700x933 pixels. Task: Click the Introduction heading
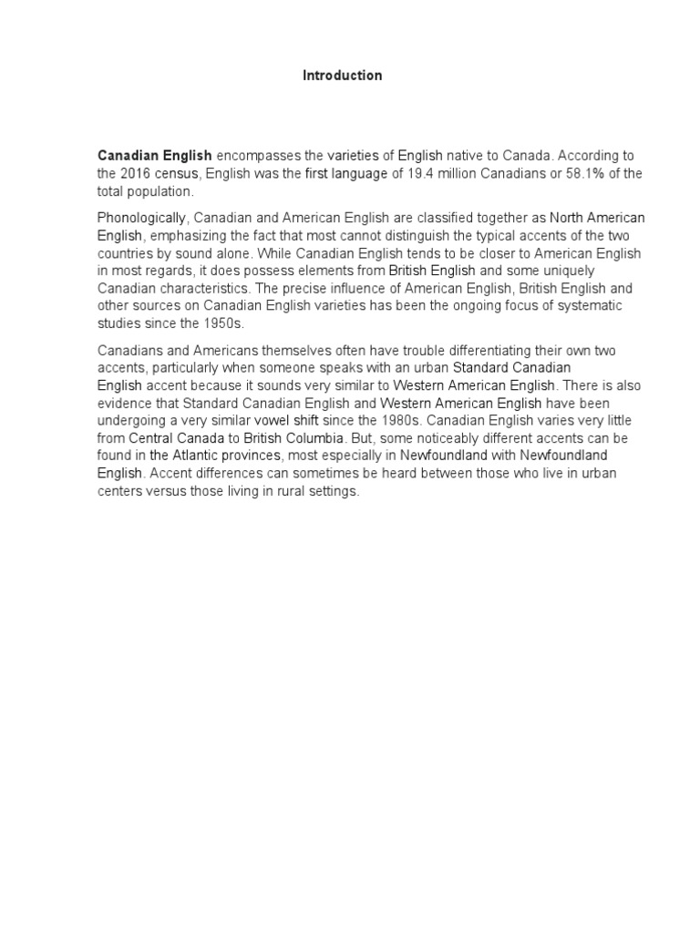coord(342,76)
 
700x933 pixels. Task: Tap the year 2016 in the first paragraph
coord(137,173)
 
